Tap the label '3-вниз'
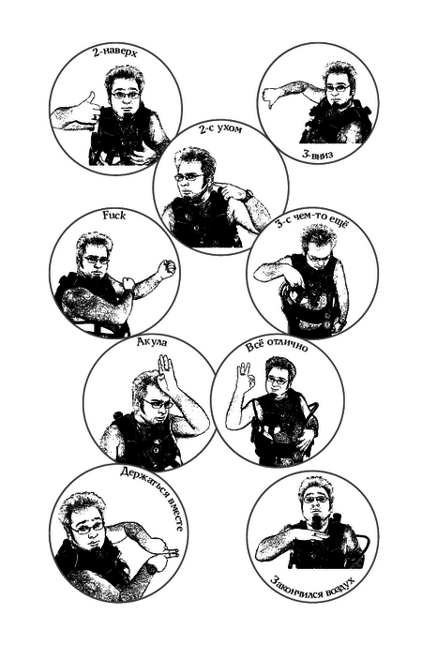pos(317,155)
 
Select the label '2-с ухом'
pos(221,128)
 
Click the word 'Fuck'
pos(114,216)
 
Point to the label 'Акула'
pos(152,342)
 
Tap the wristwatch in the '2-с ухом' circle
pos(249,196)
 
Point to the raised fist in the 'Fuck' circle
pos(166,269)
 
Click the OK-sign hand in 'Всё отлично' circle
pos(245,377)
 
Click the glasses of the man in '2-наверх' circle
pos(126,96)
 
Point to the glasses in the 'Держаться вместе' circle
pos(87,527)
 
